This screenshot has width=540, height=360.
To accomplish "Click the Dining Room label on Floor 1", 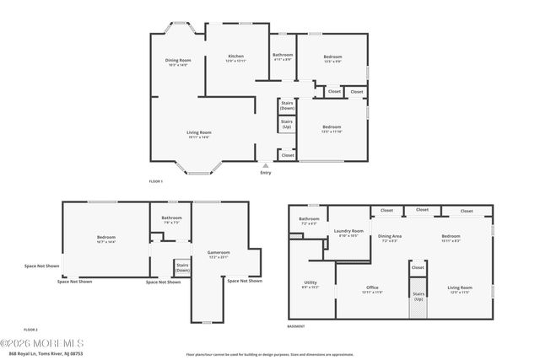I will pyautogui.click(x=177, y=61).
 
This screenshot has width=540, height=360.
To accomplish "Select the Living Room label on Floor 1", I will pyautogui.click(x=199, y=133).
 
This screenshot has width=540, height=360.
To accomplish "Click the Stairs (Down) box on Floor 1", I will pyautogui.click(x=287, y=105).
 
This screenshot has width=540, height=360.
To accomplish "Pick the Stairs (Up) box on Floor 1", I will pyautogui.click(x=287, y=123).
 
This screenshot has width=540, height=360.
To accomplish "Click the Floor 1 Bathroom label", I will pyautogui.click(x=282, y=56).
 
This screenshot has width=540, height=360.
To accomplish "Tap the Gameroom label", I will pyautogui.click(x=219, y=254).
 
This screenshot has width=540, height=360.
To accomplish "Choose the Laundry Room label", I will pyautogui.click(x=348, y=232).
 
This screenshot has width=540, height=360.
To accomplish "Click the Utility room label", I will pyautogui.click(x=310, y=285).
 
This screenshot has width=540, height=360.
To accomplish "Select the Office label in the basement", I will pyautogui.click(x=373, y=288).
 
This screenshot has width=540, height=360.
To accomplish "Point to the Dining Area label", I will pyautogui.click(x=389, y=237).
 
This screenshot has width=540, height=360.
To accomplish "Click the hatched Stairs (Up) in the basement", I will pyautogui.click(x=418, y=304).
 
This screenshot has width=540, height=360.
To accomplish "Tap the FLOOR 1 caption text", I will pyautogui.click(x=155, y=181).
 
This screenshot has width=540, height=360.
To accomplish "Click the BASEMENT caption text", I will pyautogui.click(x=295, y=326).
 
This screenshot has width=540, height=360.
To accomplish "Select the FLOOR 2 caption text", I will pyautogui.click(x=30, y=328).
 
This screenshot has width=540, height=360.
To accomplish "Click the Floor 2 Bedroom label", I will pyautogui.click(x=105, y=239).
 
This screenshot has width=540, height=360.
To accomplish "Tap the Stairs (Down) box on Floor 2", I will pyautogui.click(x=182, y=267).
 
